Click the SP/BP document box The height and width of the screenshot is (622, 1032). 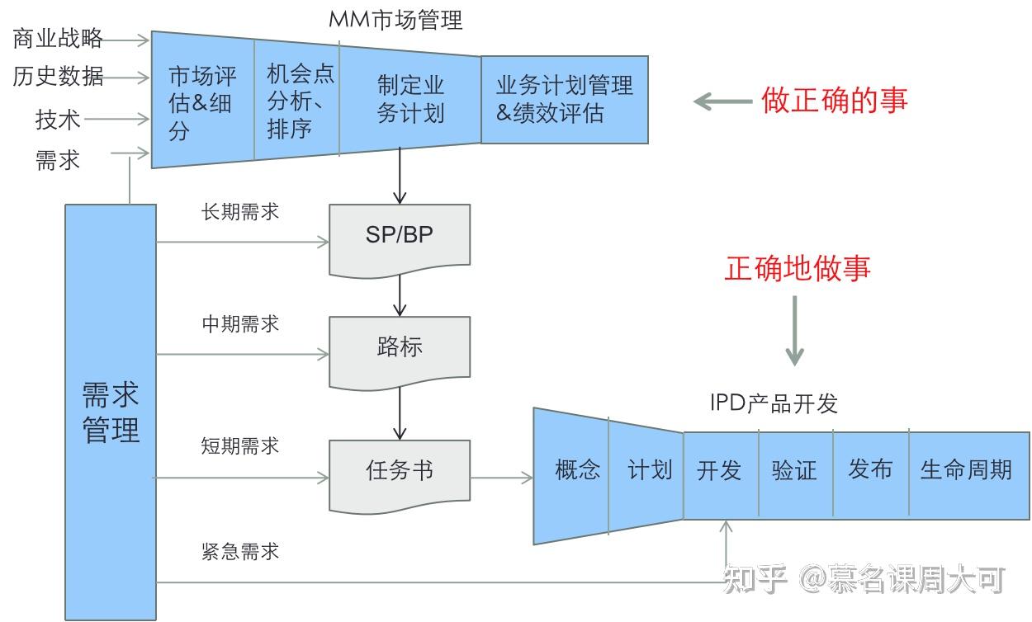point(400,238)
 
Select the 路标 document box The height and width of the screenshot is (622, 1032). point(400,350)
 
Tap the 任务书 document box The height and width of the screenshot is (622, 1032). point(400,474)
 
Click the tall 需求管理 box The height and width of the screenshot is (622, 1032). point(111,412)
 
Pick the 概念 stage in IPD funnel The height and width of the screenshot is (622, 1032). point(576,472)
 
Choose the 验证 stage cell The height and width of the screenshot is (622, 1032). point(794,472)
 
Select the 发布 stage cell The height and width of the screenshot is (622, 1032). point(870,472)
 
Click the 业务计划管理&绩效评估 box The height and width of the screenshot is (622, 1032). point(564,99)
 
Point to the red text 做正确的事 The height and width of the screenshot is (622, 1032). point(835,100)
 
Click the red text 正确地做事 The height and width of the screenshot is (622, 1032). point(798,268)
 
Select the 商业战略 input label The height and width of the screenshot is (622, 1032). point(58,38)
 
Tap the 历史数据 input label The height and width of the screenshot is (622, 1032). point(58,77)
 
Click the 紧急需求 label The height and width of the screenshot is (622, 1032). point(240,551)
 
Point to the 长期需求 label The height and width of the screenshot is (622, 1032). point(240,212)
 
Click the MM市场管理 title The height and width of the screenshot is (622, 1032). point(396,20)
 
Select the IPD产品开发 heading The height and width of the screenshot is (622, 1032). point(774,403)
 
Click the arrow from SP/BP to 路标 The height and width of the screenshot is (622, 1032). point(400,295)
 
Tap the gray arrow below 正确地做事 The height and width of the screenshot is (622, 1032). point(794,330)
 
